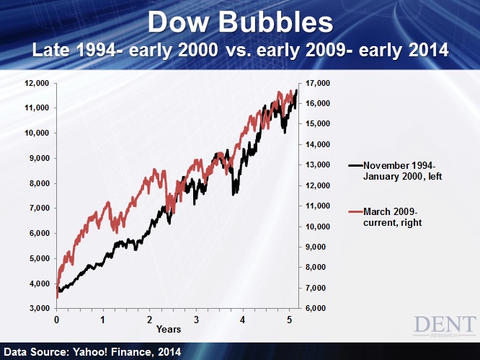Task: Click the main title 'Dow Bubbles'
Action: (240, 22)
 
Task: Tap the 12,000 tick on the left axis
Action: (37, 84)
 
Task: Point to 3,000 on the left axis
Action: (40, 309)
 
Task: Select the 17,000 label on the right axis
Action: (318, 84)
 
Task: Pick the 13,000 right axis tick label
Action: (318, 164)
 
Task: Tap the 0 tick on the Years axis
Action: (57, 320)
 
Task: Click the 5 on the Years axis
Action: (289, 320)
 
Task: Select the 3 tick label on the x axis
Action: (196, 320)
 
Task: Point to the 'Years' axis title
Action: (169, 330)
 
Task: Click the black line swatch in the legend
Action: (355, 165)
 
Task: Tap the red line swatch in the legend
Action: (355, 211)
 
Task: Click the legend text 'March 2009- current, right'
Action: (393, 217)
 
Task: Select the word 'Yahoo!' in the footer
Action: (90, 352)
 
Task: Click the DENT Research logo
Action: (445, 326)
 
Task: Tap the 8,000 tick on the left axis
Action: (40, 183)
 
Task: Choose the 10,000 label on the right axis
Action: (318, 227)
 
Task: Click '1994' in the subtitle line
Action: (96, 51)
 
